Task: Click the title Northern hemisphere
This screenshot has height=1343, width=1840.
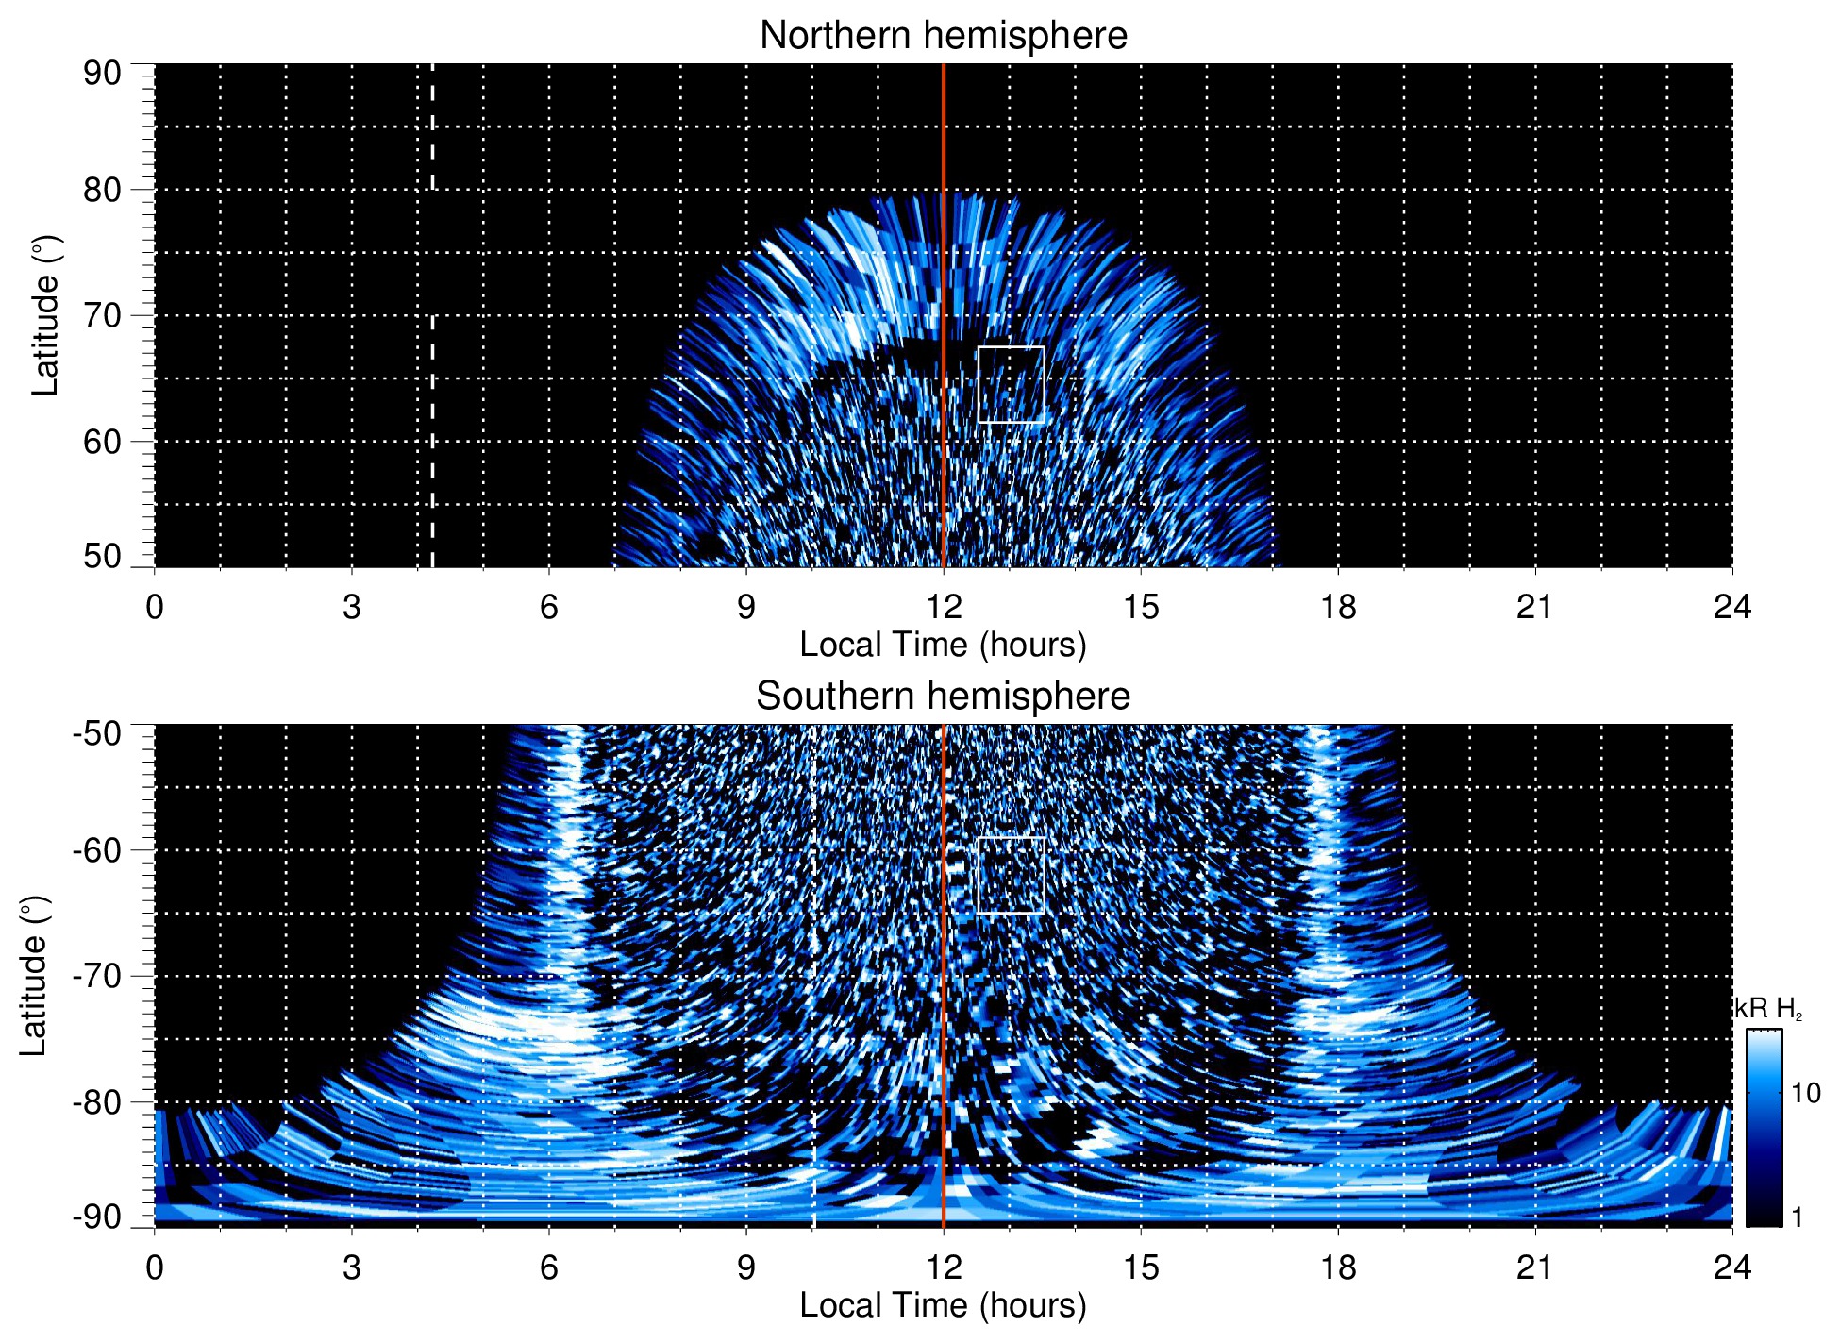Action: pos(943,36)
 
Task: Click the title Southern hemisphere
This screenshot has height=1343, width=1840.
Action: pos(943,697)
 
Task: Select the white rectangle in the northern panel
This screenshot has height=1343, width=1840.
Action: pos(1011,384)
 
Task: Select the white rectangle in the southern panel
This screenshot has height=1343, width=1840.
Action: pos(1011,875)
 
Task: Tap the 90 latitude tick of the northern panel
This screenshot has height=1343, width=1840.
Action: pos(102,74)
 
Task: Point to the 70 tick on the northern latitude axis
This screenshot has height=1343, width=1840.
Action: pos(102,315)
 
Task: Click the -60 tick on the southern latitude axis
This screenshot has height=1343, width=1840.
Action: pos(97,849)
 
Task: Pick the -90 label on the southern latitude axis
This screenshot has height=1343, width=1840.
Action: pos(97,1217)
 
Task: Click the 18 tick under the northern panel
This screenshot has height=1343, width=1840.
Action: pos(1337,607)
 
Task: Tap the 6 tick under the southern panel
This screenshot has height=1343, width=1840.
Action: pos(548,1267)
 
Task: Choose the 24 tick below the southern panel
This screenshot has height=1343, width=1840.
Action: pos(1731,1267)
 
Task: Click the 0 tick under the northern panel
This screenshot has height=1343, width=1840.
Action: pos(155,607)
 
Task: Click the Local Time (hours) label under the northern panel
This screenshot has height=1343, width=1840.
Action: pos(943,645)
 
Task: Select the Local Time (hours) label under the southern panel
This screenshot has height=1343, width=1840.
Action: pos(943,1305)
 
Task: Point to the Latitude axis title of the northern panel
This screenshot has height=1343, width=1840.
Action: pos(45,315)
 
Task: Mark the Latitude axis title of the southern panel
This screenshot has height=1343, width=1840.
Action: pos(34,976)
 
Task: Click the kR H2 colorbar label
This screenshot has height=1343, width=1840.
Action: pos(1768,1009)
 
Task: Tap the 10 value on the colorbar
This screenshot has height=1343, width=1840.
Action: pos(1805,1093)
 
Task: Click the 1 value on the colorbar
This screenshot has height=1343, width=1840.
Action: pos(1797,1217)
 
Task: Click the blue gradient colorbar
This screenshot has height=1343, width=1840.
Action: pos(1763,1128)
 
